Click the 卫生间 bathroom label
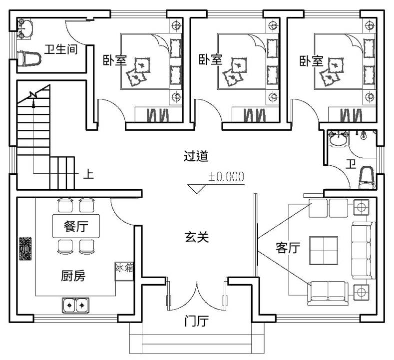[61, 49]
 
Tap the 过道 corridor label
[196, 156]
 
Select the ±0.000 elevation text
[226, 177]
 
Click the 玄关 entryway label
[197, 237]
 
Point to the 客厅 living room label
[288, 248]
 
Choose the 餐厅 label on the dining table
[76, 226]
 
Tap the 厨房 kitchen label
[73, 276]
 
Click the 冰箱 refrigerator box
[124, 271]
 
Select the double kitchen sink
[75, 305]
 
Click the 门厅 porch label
[196, 321]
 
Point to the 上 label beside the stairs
[88, 174]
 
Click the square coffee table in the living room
[324, 250]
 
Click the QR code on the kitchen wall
[25, 249]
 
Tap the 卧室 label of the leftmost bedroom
[115, 60]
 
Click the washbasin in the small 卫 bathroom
[339, 138]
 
